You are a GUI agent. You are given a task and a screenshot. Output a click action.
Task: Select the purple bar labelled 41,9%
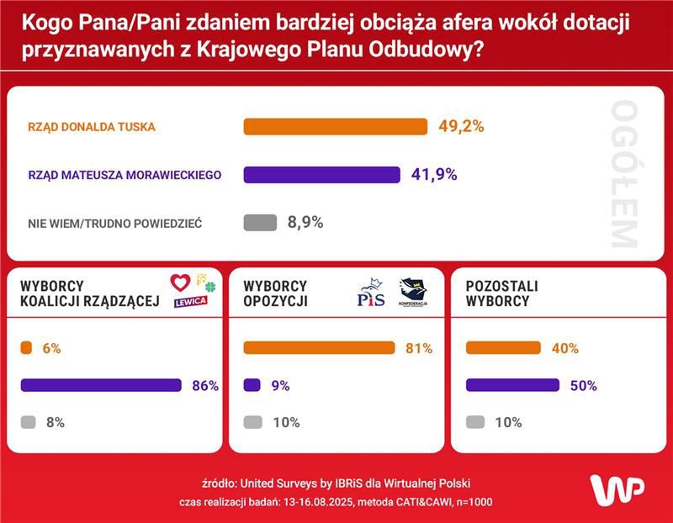click(321, 175)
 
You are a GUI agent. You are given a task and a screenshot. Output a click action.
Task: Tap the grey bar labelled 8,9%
click(260, 223)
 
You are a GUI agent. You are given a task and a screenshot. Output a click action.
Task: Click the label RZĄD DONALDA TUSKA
click(93, 127)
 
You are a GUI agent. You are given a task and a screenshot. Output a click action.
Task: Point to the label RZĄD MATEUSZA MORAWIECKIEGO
click(125, 175)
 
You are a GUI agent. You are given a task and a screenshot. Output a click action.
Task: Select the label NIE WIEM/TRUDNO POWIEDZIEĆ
click(115, 223)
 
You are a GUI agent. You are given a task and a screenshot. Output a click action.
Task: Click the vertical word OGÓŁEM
click(623, 174)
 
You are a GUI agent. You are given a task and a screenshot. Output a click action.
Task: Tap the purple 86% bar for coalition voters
click(101, 385)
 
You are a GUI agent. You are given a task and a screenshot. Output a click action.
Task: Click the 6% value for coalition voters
click(51, 348)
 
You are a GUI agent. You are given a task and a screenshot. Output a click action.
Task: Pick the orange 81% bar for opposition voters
click(319, 348)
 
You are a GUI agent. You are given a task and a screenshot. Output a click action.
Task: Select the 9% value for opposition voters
click(280, 386)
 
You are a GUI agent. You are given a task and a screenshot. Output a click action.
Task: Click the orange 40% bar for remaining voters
click(503, 348)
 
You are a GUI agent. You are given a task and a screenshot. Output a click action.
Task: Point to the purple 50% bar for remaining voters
click(512, 385)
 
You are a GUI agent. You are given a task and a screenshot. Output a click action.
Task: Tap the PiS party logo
click(371, 293)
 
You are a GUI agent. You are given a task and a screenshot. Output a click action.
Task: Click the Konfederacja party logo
click(413, 293)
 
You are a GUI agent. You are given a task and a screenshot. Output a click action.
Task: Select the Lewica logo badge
click(190, 302)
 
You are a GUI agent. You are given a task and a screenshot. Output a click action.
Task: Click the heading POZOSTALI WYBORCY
click(502, 293)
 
